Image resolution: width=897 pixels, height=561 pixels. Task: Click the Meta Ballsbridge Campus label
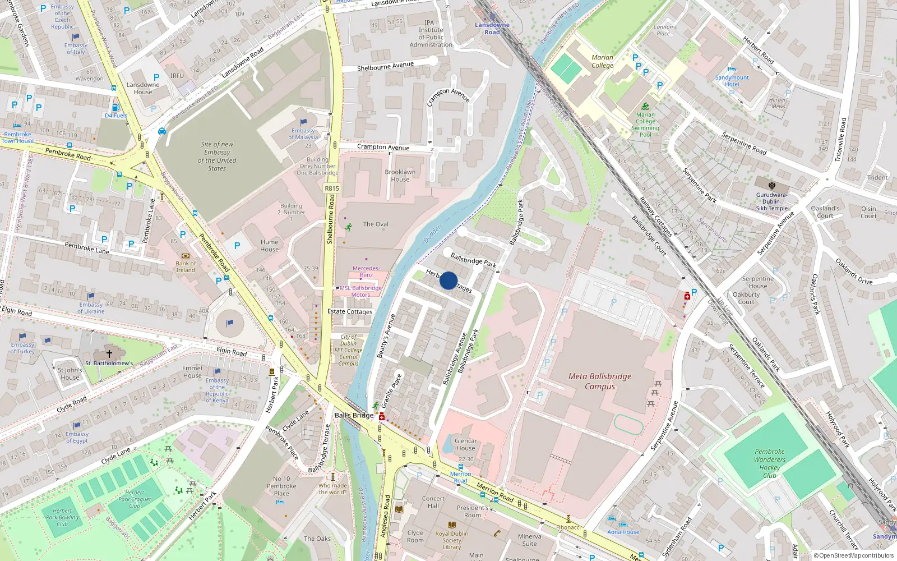(600, 381)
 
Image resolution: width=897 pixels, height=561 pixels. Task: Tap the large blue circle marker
(449, 280)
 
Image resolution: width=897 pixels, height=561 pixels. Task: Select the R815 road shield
(332, 188)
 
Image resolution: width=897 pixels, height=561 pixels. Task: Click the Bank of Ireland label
(186, 266)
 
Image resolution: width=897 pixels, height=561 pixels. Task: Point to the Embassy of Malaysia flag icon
(303, 122)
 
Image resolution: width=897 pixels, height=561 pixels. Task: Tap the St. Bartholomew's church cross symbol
(109, 353)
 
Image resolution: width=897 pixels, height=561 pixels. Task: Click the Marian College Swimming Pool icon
(645, 107)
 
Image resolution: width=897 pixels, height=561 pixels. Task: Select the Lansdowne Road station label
(492, 29)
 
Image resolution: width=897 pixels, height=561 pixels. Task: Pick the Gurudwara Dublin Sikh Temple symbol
(771, 186)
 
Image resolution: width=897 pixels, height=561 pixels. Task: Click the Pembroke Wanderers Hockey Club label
(770, 463)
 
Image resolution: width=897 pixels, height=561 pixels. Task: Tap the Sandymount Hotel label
(732, 81)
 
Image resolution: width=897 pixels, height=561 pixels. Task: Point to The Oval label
(376, 224)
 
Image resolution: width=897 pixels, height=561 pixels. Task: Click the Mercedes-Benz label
(366, 272)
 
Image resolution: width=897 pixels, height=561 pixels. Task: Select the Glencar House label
(465, 444)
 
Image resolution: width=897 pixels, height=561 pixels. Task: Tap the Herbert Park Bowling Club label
(62, 517)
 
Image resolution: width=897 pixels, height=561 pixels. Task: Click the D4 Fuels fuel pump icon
(115, 107)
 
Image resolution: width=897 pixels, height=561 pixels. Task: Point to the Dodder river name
(432, 234)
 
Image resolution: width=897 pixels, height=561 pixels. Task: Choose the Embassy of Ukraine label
(91, 308)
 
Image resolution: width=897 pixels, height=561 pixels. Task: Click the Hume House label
(269, 246)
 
